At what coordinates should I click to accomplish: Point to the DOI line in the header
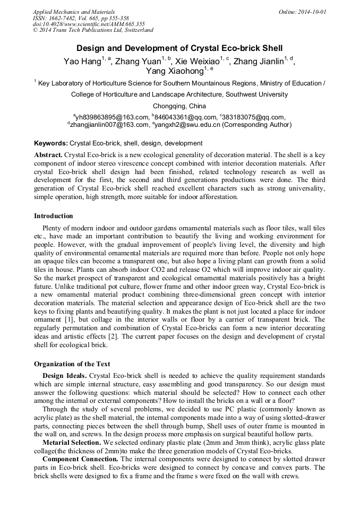pyautogui.click(x=89, y=24)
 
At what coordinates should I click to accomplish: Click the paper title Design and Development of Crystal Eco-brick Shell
pyautogui.click(x=179, y=47)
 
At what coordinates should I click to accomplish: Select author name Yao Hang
pyautogui.click(x=82, y=62)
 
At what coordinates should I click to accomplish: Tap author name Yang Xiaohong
pyautogui.click(x=175, y=71)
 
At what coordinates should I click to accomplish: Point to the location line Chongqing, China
pyautogui.click(x=179, y=106)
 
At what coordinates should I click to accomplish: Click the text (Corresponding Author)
pyautogui.click(x=256, y=125)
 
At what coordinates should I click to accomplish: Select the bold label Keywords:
pyautogui.click(x=51, y=143)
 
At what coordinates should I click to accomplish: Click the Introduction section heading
pyautogui.click(x=54, y=216)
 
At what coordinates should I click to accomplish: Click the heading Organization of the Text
pyautogui.click(x=72, y=364)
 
